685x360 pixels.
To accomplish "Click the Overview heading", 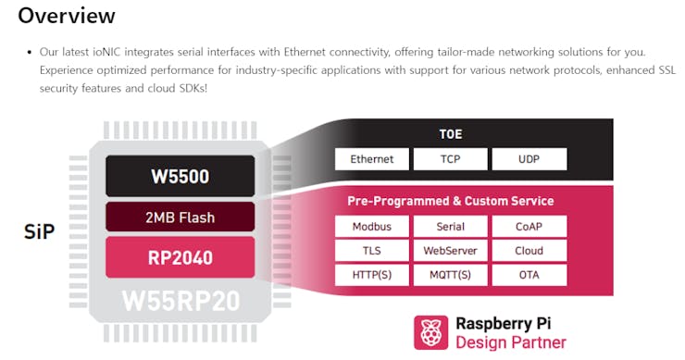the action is point(67,16).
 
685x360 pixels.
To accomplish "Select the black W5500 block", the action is point(180,176).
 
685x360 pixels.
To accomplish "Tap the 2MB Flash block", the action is point(180,217).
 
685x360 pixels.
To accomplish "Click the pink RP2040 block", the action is point(180,257).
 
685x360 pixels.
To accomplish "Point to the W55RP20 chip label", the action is point(181,301).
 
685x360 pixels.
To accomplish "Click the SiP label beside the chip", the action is point(39,231).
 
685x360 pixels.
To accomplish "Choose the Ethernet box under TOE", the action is point(372,159).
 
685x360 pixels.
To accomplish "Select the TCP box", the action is point(451,159).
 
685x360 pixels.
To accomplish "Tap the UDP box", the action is point(529,159).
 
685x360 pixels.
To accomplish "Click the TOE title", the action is point(451,134).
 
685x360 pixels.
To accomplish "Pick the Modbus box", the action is point(372,227).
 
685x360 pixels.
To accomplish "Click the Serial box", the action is point(451,227).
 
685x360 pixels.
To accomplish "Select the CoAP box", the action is point(529,227).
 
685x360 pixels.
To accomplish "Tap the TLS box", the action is point(372,251).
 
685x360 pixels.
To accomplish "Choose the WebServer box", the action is point(451,251).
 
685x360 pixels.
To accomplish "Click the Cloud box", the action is point(529,251).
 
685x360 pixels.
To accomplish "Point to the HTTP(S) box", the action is point(372,275).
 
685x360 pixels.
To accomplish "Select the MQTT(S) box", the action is point(451,275).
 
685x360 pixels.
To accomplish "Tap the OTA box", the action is point(529,275).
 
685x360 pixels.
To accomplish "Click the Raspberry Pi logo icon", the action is point(430,332).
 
